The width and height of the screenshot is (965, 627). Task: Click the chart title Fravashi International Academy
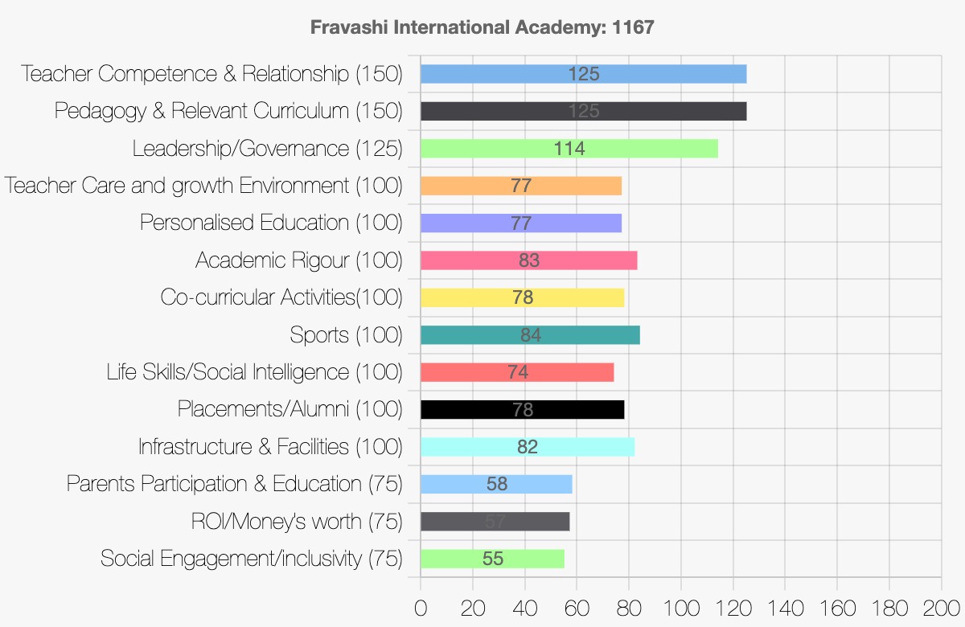(x=482, y=27)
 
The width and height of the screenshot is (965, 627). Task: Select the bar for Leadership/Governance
(x=569, y=148)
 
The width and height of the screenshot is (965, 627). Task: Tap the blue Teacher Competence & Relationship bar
(x=583, y=74)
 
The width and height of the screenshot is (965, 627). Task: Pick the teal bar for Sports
(x=530, y=335)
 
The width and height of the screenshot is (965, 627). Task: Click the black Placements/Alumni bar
(x=522, y=409)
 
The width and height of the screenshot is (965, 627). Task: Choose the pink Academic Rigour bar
(x=528, y=260)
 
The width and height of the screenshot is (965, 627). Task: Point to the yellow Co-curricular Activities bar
(x=522, y=297)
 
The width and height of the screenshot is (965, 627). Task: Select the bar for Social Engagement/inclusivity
(x=492, y=559)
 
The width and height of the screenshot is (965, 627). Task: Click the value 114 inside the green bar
(x=569, y=149)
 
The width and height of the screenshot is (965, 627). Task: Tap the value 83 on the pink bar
(x=529, y=260)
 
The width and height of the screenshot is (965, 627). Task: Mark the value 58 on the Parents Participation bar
(x=497, y=484)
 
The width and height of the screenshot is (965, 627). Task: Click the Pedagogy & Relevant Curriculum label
(x=228, y=111)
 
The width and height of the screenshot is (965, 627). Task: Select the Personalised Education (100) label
(x=271, y=223)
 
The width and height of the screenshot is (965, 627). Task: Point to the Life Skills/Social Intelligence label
(x=254, y=372)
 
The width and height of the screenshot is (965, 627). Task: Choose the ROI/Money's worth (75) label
(x=297, y=521)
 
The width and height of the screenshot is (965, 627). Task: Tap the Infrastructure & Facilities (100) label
(x=270, y=446)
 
